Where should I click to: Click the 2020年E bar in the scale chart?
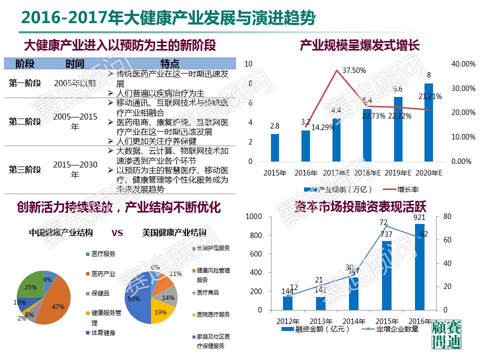click(x=428, y=122)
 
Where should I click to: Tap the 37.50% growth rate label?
click(x=354, y=70)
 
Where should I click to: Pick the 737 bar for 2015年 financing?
click(x=386, y=275)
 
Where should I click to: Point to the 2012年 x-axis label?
click(x=288, y=321)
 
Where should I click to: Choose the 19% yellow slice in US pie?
click(x=161, y=311)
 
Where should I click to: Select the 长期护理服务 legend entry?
click(x=210, y=248)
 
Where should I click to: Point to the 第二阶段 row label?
click(x=24, y=121)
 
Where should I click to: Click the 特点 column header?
click(x=169, y=63)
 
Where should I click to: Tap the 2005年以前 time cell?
click(x=75, y=83)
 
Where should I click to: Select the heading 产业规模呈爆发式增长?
click(x=359, y=46)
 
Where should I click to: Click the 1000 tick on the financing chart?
click(x=253, y=216)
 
